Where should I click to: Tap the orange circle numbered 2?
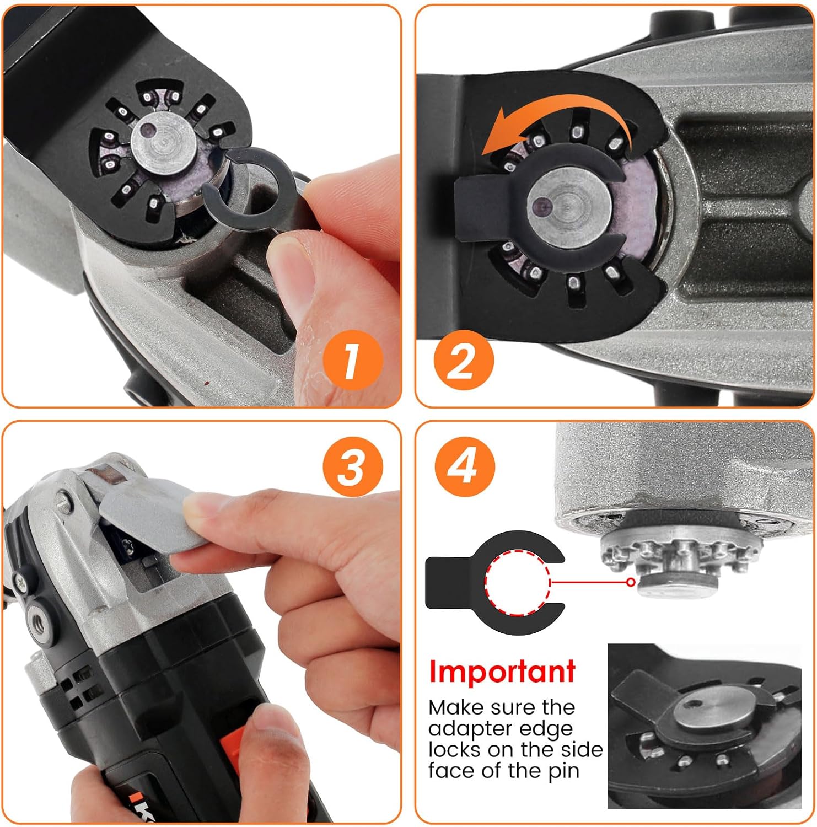tap(463, 361)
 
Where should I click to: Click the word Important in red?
tap(502, 672)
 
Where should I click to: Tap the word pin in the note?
tap(563, 771)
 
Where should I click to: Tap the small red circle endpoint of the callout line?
tap(631, 582)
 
